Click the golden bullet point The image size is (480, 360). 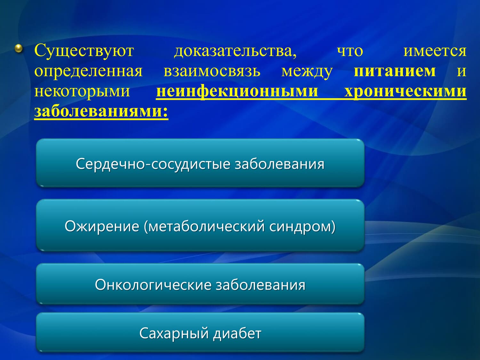[x=19, y=49]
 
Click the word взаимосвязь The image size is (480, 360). [x=212, y=71]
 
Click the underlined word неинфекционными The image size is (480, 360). [x=237, y=92]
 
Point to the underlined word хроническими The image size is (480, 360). [x=405, y=92]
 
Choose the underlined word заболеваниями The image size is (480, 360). [x=101, y=111]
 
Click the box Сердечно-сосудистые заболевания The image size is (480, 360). [x=200, y=163]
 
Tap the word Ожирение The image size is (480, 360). [x=102, y=226]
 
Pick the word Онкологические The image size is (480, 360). [x=153, y=285]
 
